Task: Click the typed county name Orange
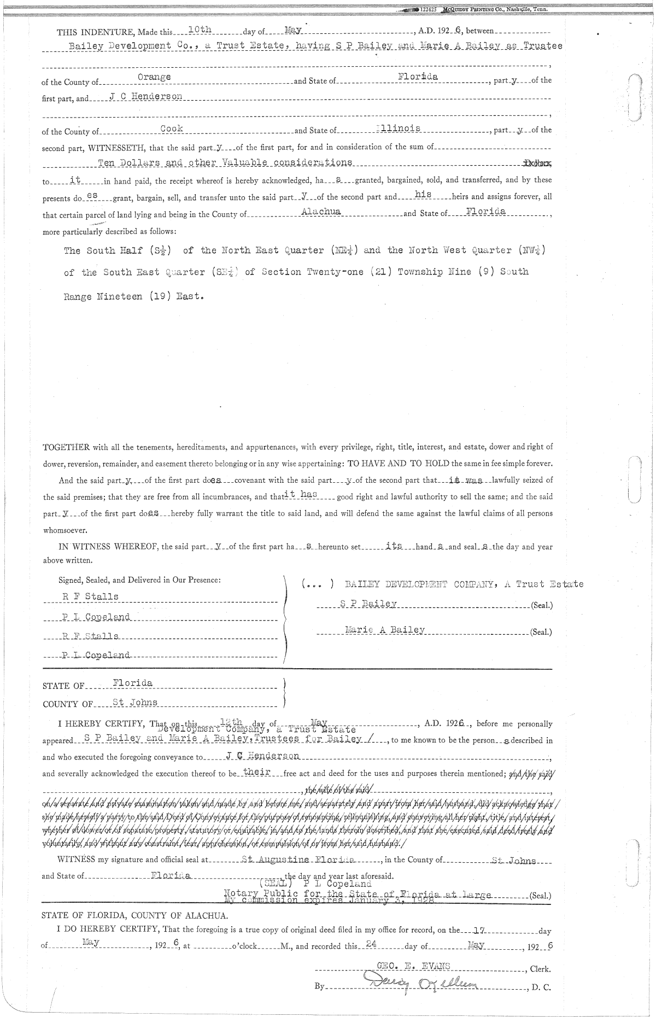point(154,77)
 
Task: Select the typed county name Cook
point(172,128)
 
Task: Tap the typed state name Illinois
point(399,128)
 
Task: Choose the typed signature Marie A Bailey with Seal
point(385,630)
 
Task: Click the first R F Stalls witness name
point(90,597)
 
